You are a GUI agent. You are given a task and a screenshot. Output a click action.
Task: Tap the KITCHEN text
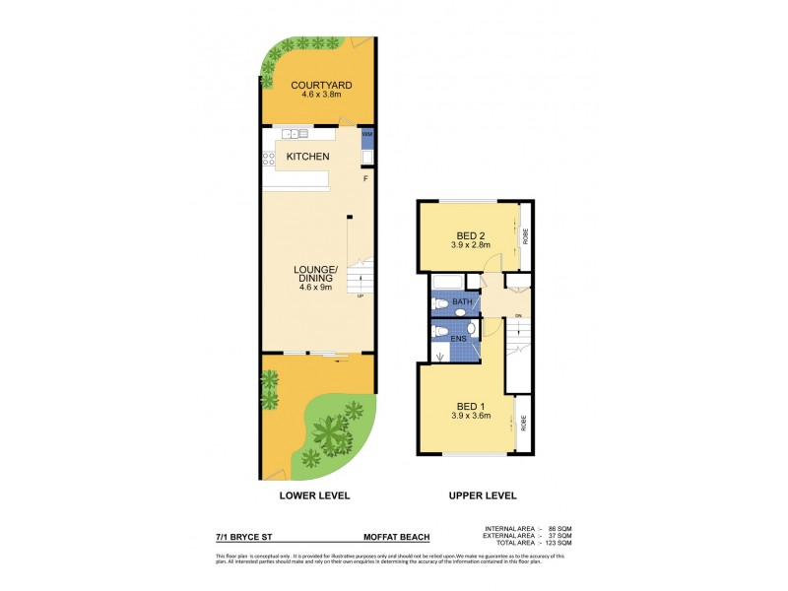(x=307, y=157)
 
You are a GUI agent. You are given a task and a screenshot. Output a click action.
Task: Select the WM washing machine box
(x=367, y=134)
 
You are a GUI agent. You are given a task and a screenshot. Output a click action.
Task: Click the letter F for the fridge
(x=365, y=178)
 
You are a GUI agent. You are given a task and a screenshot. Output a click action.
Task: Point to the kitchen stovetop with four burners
(x=267, y=157)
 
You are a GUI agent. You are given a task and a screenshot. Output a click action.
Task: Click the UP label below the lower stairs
(x=360, y=296)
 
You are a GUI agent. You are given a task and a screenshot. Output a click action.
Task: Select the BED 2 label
(x=470, y=234)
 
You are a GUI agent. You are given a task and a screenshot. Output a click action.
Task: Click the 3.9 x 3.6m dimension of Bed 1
(x=470, y=416)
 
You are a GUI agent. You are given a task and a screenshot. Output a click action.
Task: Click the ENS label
(x=458, y=338)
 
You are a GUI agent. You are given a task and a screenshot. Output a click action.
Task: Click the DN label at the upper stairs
(x=517, y=315)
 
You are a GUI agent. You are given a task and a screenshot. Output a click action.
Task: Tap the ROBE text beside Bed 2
(x=525, y=236)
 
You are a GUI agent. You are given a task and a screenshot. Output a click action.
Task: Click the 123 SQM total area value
(x=559, y=543)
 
